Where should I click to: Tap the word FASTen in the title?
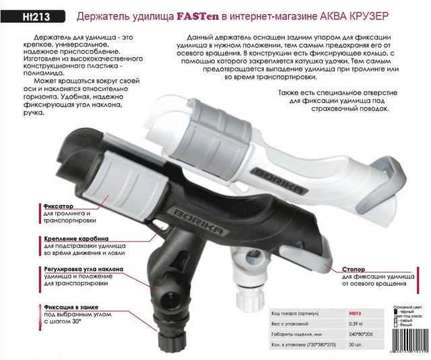pos(200,15)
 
